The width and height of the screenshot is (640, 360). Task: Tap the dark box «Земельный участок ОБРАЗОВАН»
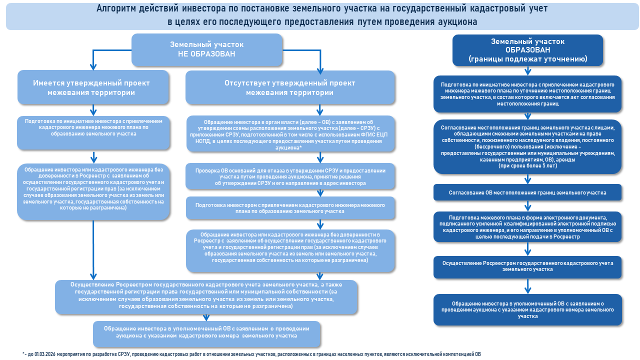(527, 50)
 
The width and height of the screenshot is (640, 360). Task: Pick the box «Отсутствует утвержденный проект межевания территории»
(290, 87)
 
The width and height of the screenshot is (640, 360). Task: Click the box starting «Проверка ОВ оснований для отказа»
(290, 176)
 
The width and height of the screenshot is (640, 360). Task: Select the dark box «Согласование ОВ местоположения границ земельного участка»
(527, 192)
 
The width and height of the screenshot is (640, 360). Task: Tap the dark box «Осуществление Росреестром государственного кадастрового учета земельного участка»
(527, 266)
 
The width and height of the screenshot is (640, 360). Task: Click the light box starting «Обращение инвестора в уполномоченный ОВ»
(206, 332)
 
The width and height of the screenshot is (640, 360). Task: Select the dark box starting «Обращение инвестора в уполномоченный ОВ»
(527, 310)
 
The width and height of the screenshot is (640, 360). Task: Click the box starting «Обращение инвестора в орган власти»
(290, 134)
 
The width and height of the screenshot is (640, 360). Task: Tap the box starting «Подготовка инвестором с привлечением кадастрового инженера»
(290, 208)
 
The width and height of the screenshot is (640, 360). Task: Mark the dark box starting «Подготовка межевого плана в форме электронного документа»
(527, 227)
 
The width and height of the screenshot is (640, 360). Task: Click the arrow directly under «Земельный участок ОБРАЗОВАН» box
(527, 70)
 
